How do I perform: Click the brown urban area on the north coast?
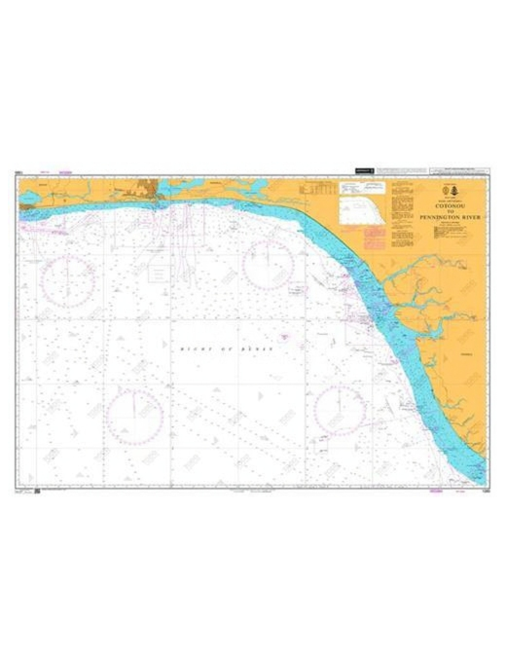(151, 189)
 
